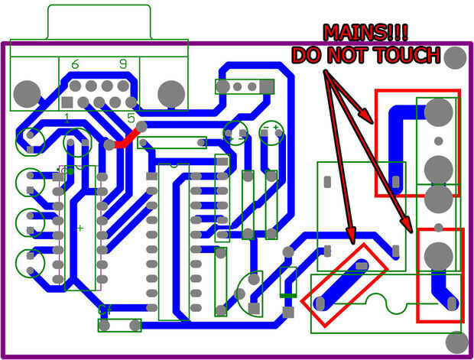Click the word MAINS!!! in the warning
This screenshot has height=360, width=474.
pos(365,32)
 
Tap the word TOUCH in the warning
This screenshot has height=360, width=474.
pos(410,55)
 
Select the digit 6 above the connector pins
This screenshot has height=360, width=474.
pos(75,65)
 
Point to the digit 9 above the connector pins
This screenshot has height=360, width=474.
pos(122,65)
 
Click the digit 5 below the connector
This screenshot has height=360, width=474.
pos(131,119)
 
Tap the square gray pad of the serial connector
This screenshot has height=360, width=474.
pos(67,102)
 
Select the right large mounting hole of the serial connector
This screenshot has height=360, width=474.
pos(170,93)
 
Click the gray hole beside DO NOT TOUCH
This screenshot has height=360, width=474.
pos(456,57)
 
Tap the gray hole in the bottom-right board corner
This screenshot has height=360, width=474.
pos(456,341)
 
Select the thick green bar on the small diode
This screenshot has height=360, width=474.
pos(288,295)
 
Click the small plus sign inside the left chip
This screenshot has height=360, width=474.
pos(80,228)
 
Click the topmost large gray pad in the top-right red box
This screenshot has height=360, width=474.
pos(438,112)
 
